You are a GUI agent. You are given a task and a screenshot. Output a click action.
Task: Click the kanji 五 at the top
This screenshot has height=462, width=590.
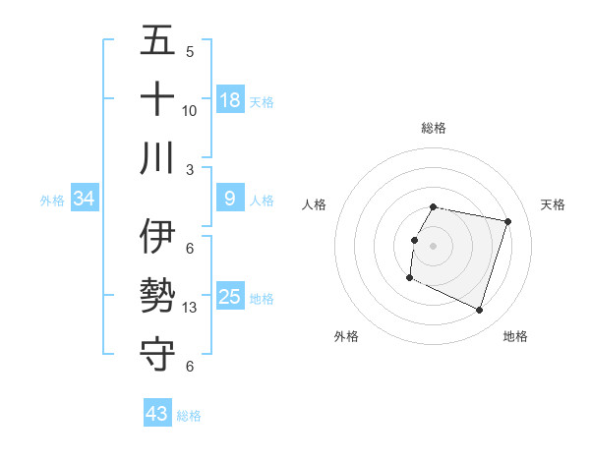158,42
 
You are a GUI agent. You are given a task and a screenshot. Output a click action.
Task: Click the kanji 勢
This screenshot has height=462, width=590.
158,296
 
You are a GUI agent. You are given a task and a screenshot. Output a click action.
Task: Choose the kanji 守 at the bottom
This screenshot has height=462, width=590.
158,353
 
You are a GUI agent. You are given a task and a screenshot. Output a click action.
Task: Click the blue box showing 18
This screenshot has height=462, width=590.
230,99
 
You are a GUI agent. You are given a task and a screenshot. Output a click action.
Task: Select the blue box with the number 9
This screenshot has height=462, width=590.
230,199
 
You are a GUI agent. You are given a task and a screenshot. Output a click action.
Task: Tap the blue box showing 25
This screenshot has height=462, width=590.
230,297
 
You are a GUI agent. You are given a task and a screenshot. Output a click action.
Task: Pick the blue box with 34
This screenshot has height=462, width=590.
85,199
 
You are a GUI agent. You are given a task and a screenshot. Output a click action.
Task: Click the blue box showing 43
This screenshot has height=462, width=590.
157,414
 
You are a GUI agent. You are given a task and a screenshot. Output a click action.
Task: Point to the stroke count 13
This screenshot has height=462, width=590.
190,308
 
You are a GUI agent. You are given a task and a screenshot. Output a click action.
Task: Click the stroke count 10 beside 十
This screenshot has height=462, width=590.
190,110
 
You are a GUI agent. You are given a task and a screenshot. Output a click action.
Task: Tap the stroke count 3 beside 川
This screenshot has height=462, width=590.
190,169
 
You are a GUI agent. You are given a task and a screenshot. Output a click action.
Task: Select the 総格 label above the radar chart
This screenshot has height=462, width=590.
434,128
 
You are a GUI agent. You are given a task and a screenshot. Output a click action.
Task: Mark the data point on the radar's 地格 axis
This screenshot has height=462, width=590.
480,311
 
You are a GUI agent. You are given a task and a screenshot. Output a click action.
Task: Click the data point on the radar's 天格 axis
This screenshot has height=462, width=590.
508,222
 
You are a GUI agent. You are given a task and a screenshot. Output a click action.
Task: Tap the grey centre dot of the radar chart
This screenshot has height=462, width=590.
434,246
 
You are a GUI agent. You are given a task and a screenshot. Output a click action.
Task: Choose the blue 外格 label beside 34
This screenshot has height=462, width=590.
52,201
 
